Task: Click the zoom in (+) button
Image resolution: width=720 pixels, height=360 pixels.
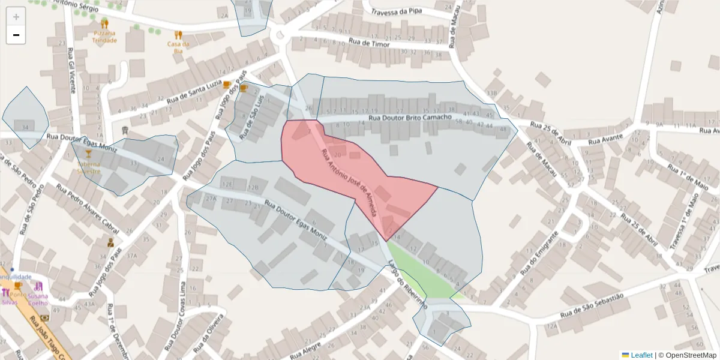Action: coord(16,17)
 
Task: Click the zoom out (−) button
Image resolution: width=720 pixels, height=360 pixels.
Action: coord(16,35)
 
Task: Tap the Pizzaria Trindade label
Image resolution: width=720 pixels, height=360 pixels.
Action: coord(105,37)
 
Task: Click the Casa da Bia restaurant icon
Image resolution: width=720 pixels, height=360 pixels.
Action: coord(178,35)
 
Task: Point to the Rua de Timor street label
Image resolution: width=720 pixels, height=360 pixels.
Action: coord(370,43)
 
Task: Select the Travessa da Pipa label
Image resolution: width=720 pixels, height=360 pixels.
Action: coord(396,11)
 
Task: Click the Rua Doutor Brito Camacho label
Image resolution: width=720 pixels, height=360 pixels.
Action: coord(410,118)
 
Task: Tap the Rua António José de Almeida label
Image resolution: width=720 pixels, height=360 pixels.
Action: coord(349,183)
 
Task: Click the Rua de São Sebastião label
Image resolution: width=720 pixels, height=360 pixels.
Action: coord(592,305)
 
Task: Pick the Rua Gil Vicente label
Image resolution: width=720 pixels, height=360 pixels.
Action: coord(71,69)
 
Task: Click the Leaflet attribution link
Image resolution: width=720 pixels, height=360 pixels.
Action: coord(641,355)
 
